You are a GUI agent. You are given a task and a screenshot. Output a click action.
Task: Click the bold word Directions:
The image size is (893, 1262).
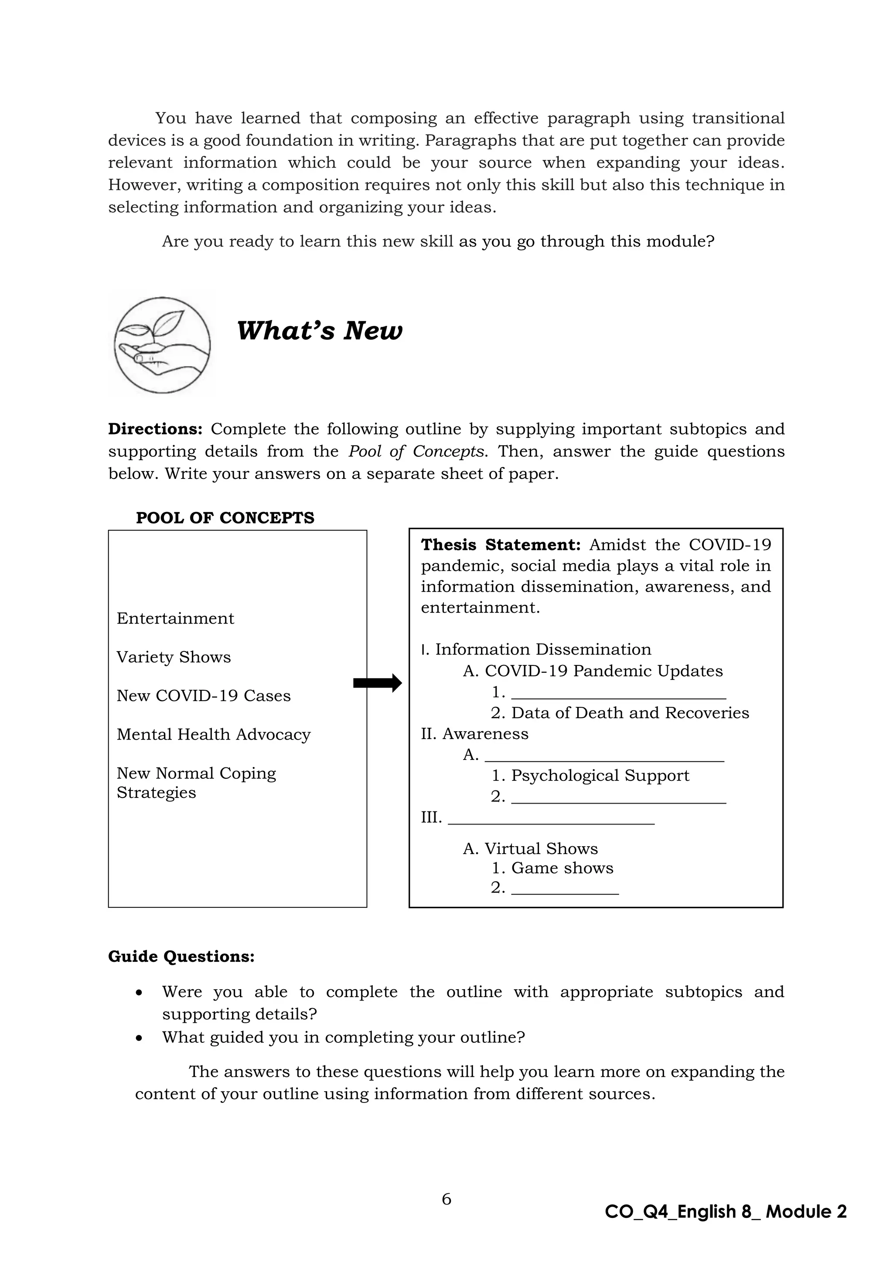click(x=156, y=429)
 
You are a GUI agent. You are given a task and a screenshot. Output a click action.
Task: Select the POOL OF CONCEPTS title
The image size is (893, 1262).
click(x=225, y=518)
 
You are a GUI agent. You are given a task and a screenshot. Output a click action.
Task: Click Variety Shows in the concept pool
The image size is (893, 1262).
click(x=174, y=658)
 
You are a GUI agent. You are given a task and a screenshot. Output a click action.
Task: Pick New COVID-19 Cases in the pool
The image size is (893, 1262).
click(x=204, y=696)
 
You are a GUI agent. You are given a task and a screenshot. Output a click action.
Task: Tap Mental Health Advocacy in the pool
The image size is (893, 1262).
click(x=213, y=735)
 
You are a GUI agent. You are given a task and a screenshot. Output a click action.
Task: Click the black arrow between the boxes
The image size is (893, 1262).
click(x=377, y=683)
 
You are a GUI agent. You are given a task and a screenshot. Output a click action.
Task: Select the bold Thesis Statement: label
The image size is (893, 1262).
click(x=501, y=545)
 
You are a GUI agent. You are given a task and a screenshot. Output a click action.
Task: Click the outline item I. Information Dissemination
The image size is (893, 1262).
click(x=536, y=650)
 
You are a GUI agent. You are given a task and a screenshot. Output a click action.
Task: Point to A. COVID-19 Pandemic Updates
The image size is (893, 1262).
click(x=593, y=671)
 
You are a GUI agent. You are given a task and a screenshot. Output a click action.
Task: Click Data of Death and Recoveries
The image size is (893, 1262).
click(x=630, y=713)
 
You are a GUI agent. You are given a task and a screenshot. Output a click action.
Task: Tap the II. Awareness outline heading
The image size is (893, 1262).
click(x=474, y=734)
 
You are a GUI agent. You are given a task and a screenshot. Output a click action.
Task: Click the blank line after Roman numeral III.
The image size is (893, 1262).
click(x=551, y=818)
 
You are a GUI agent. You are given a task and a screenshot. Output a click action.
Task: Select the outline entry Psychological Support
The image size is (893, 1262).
click(x=600, y=776)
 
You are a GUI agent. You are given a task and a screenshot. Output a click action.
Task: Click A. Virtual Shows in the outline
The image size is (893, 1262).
click(x=530, y=848)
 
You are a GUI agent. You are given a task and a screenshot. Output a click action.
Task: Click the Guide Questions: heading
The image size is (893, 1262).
click(x=181, y=957)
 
